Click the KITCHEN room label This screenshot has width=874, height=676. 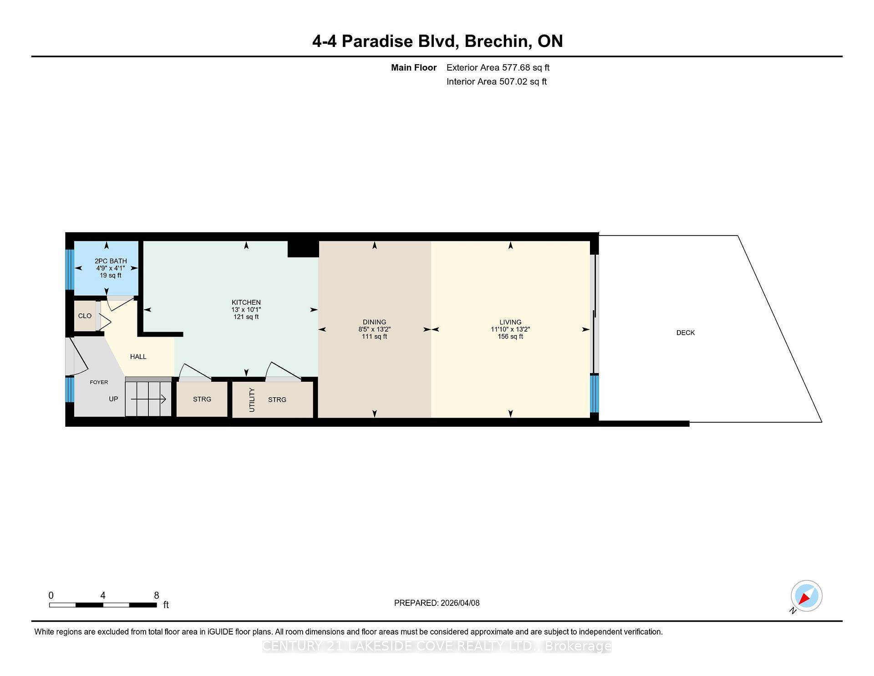[246, 302]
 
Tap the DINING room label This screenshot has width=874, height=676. [374, 322]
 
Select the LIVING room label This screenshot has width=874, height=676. [510, 322]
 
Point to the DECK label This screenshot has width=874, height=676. [685, 333]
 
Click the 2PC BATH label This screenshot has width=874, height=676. [111, 261]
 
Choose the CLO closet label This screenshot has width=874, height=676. [85, 316]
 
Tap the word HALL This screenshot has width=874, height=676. [138, 357]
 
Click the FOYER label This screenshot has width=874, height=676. [99, 382]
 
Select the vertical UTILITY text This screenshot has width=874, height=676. [252, 400]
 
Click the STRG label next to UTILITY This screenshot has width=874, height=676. [277, 400]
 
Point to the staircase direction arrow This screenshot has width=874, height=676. [148, 399]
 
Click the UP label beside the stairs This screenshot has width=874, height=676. [113, 399]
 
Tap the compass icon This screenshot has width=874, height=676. [806, 596]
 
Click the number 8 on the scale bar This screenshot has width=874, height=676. [156, 595]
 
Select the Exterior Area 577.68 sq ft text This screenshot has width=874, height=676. [498, 68]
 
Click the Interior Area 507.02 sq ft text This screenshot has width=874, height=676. [496, 82]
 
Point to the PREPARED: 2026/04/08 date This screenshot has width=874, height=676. [437, 603]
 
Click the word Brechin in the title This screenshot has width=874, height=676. [498, 41]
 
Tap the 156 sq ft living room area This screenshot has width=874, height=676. [510, 337]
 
